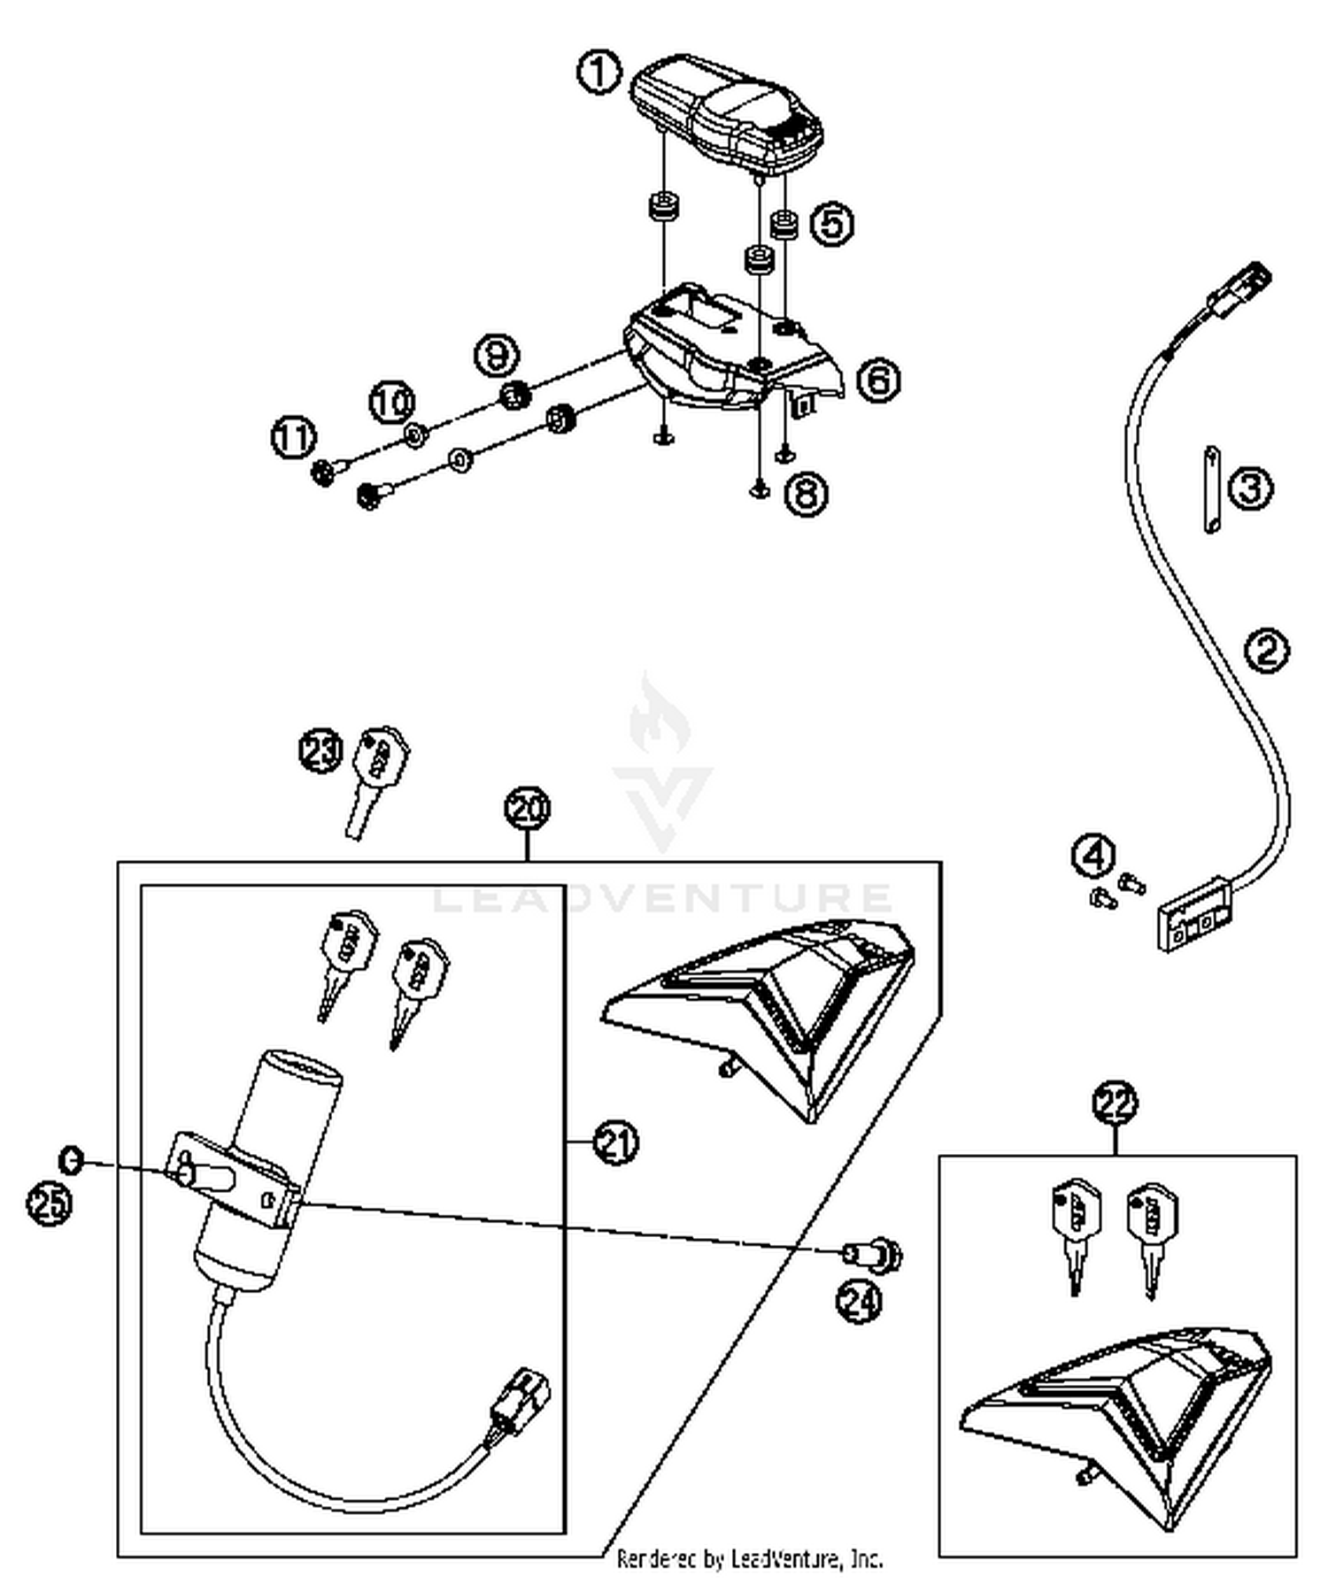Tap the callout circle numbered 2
[1267, 650]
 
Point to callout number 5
[832, 223]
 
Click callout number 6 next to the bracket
[878, 381]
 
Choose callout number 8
[806, 493]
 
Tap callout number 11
[293, 439]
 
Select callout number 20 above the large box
[528, 808]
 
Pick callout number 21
[616, 1142]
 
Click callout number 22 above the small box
[1115, 1103]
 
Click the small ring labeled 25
[71, 1159]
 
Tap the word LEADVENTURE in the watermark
[662, 897]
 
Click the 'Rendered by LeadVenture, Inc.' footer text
[749, 1557]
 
